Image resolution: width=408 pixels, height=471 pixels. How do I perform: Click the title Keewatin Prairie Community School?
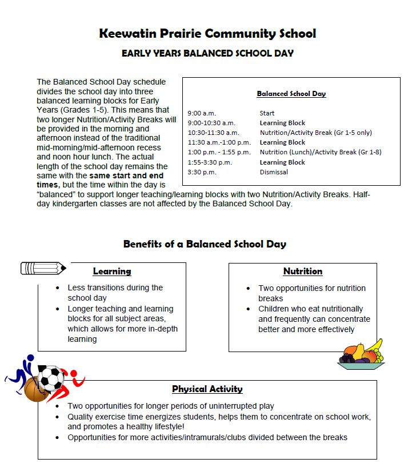pyautogui.click(x=207, y=33)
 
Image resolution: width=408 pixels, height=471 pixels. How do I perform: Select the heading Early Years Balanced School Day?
pyautogui.click(x=207, y=53)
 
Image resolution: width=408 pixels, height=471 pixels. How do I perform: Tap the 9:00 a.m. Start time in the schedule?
pyautogui.click(x=202, y=113)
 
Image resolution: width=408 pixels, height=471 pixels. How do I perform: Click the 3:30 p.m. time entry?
pyautogui.click(x=202, y=172)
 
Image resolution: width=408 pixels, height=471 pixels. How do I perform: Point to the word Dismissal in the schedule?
pyautogui.click(x=274, y=172)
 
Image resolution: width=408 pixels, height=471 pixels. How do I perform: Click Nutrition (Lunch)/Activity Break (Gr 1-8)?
pyautogui.click(x=321, y=152)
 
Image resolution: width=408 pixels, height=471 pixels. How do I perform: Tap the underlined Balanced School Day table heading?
pyautogui.click(x=291, y=93)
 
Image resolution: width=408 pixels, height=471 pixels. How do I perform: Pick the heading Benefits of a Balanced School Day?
pyautogui.click(x=205, y=244)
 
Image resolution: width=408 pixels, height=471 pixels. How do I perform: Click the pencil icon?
pyautogui.click(x=43, y=268)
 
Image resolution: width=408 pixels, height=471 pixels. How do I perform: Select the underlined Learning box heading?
pyautogui.click(x=112, y=272)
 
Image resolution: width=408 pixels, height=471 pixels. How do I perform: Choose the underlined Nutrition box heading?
pyautogui.click(x=303, y=272)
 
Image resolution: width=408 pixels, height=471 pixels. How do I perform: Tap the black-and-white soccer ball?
pyautogui.click(x=51, y=378)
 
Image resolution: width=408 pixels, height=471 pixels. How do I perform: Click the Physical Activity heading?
pyautogui.click(x=207, y=389)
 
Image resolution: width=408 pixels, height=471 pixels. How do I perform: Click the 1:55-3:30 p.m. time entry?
pyautogui.click(x=210, y=162)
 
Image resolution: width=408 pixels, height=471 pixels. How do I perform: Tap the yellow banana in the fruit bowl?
pyautogui.click(x=374, y=345)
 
